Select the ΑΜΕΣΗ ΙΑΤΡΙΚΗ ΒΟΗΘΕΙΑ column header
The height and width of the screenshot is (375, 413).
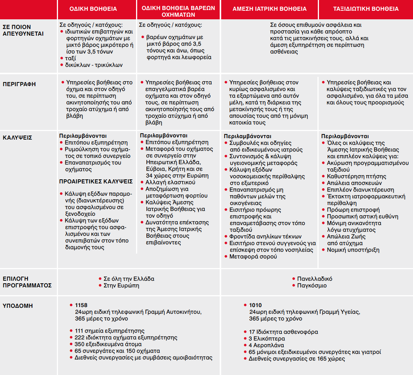(x=270, y=9)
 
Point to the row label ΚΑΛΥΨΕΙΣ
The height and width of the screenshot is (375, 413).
(x=17, y=137)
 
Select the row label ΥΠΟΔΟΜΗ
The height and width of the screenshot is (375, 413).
(x=17, y=306)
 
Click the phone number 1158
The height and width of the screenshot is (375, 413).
(x=81, y=305)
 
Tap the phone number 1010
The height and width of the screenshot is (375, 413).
(x=255, y=305)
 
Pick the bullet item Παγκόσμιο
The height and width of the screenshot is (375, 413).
(x=312, y=286)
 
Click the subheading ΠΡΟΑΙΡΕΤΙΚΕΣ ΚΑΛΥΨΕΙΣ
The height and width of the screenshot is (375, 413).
(x=96, y=182)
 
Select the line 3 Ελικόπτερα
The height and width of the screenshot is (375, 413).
(x=267, y=339)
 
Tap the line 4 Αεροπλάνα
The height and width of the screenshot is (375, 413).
(x=267, y=345)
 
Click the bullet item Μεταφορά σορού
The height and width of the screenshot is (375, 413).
(x=253, y=257)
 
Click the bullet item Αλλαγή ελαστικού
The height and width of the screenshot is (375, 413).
(x=170, y=182)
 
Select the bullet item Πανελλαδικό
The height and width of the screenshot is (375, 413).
(x=314, y=279)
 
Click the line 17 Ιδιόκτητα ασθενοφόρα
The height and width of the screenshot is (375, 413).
(x=283, y=332)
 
